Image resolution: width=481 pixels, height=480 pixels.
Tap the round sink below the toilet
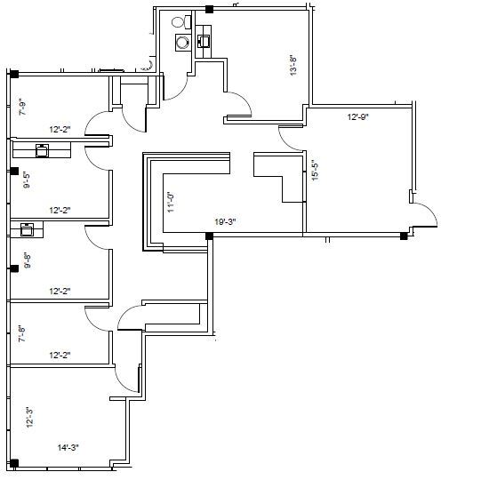[183, 41]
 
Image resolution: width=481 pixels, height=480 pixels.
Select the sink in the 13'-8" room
[203, 38]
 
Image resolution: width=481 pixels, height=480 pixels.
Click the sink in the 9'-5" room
[41, 149]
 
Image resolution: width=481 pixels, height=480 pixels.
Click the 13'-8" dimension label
[293, 66]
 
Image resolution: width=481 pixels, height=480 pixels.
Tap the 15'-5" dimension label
[315, 170]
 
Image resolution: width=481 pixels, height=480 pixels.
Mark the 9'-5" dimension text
[26, 180]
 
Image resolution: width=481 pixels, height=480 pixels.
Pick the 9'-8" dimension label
[26, 260]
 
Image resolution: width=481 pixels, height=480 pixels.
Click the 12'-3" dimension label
[28, 417]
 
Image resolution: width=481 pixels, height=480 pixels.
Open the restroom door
[176, 85]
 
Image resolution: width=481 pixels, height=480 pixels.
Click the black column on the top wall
[210, 10]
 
